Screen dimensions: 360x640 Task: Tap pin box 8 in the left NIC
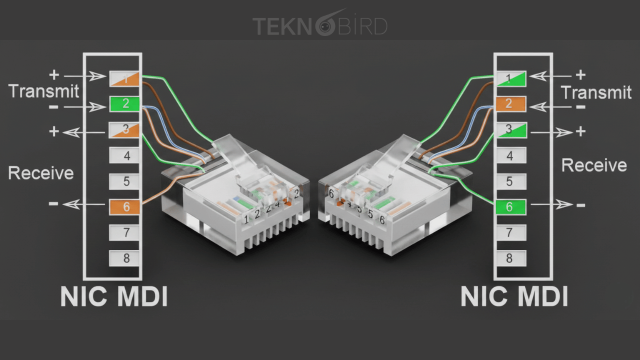pyautogui.click(x=126, y=258)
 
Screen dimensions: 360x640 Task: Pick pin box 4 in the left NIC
pyautogui.click(x=126, y=155)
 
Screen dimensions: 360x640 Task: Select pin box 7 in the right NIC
pyautogui.click(x=509, y=232)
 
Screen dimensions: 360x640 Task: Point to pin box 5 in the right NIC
pyautogui.click(x=509, y=181)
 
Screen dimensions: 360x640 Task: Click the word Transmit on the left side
pyautogui.click(x=44, y=91)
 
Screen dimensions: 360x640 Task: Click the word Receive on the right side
pyautogui.click(x=594, y=165)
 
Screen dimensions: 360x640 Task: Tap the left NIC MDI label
pyautogui.click(x=114, y=296)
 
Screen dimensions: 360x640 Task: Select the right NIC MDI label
pyautogui.click(x=514, y=296)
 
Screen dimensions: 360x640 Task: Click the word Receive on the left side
pyautogui.click(x=41, y=173)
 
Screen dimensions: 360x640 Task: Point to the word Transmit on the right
pyautogui.click(x=596, y=92)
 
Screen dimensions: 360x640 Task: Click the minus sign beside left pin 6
pyautogui.click(x=53, y=203)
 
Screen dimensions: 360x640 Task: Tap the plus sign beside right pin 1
pyautogui.click(x=580, y=75)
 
